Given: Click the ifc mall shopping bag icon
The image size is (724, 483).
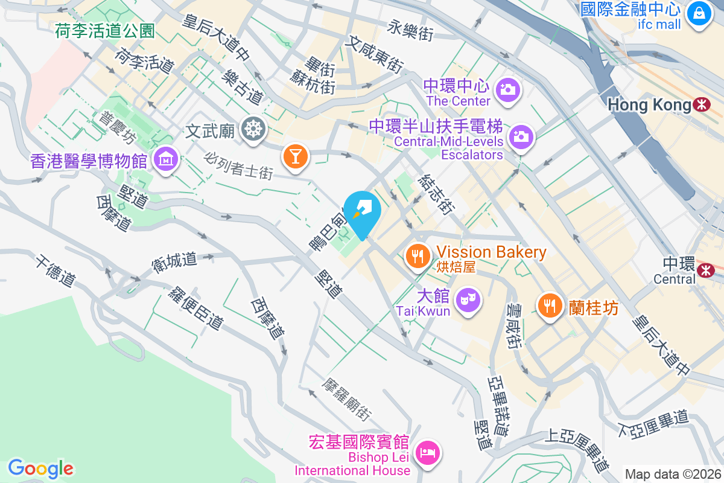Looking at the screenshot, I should click(x=700, y=12).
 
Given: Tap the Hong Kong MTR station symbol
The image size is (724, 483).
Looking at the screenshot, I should click(x=702, y=104).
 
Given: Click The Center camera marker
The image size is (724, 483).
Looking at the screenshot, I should click(x=507, y=90).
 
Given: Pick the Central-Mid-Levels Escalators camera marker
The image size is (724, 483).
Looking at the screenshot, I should click(x=519, y=136).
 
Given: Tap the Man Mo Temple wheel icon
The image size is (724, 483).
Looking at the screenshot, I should click(x=252, y=129).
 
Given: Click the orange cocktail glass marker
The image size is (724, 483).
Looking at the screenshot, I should click(x=295, y=156).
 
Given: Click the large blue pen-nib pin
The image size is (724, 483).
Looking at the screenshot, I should click(x=363, y=211).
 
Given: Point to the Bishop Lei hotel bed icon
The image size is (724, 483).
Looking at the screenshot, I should click(x=428, y=452).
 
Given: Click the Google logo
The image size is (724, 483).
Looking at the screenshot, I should click(x=41, y=469).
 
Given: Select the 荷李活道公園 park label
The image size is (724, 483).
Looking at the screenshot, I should click(x=106, y=30).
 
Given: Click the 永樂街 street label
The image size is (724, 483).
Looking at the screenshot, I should click(x=411, y=30).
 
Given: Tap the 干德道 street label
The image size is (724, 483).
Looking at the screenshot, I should click(x=55, y=271).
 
